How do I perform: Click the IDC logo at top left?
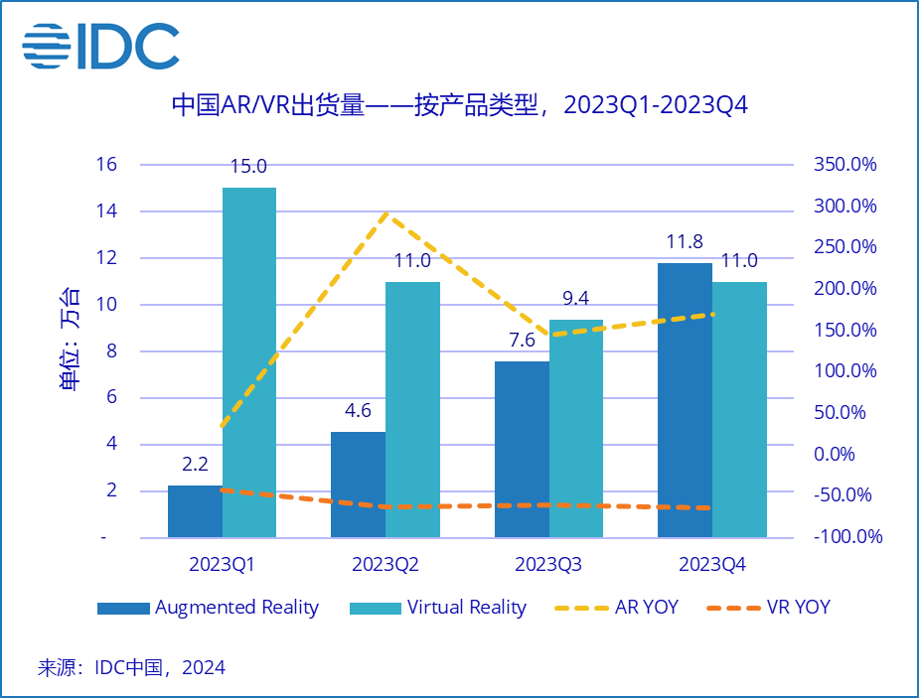pos(100,47)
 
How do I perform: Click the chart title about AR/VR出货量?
pos(459,105)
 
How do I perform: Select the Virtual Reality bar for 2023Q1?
pos(249,362)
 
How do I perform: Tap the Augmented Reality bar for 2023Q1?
pos(195,511)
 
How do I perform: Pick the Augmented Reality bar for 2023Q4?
pos(685,400)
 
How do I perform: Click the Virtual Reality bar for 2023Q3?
pos(576,429)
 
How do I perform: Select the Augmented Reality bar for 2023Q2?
pos(358,485)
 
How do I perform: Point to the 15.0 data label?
pos(248,168)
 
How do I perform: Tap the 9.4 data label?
pos(576,299)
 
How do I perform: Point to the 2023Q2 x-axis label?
pos(385,565)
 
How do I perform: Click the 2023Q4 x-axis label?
pos(711,565)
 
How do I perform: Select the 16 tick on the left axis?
pos(106,165)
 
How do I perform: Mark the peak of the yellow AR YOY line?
pos(385,213)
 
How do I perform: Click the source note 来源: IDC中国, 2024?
pos(131,667)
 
